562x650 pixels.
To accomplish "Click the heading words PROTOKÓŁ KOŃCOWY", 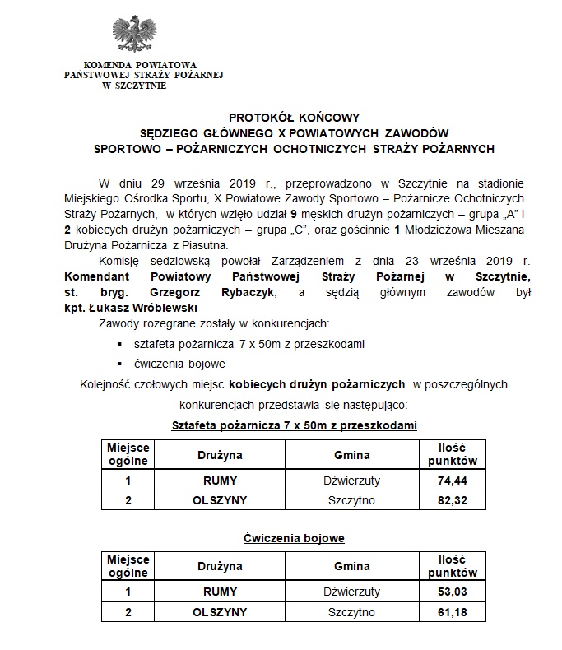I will click(x=294, y=118).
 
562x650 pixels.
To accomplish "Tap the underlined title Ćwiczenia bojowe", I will click(x=294, y=538).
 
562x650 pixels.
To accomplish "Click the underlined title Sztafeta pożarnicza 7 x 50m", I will click(x=294, y=425).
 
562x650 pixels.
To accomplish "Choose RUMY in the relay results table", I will click(x=220, y=479).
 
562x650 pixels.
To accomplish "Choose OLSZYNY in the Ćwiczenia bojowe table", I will click(x=220, y=612).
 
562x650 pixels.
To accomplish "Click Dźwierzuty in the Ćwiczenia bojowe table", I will click(x=351, y=591).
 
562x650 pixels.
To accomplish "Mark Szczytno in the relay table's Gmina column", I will click(x=351, y=500).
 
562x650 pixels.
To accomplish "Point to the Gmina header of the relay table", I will click(x=351, y=455).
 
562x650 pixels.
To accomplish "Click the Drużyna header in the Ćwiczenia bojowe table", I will click(x=220, y=567).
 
